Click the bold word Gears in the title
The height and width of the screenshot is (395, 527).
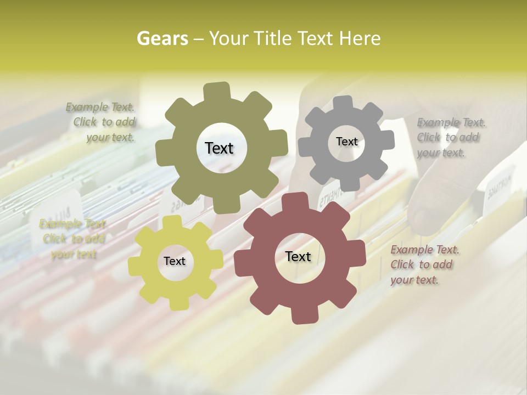coord(161,38)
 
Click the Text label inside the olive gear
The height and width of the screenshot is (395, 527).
coord(219,148)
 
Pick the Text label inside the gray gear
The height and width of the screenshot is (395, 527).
coord(346,142)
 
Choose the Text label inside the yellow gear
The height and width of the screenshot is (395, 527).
coord(175,262)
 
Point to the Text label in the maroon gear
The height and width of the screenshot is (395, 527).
coord(298,257)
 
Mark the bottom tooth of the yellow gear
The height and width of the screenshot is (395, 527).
coord(177,303)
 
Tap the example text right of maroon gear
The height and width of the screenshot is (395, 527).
coord(424,265)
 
